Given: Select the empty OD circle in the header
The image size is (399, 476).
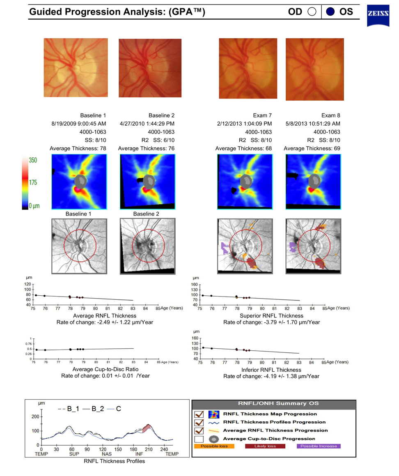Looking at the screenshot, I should [x=312, y=11].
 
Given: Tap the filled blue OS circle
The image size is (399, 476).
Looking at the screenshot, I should [x=331, y=11].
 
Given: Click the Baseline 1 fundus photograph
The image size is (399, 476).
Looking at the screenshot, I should [x=76, y=67].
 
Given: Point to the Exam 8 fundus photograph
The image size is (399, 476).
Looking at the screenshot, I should [x=314, y=69].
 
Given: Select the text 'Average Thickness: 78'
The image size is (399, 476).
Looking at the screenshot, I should [x=78, y=148].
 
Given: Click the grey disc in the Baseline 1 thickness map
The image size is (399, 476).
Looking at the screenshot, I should [x=80, y=180].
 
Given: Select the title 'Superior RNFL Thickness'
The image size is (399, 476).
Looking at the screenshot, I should [x=271, y=316].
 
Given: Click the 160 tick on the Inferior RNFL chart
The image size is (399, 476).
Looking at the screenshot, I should [x=196, y=338].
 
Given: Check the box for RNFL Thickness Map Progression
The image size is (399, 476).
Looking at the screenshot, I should [x=199, y=414].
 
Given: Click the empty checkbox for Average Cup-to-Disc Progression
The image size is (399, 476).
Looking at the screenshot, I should [x=199, y=439].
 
